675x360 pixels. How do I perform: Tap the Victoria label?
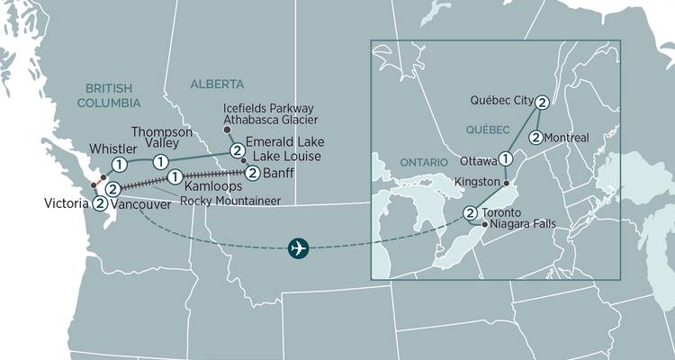(65, 204)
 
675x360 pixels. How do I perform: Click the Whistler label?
(86, 148)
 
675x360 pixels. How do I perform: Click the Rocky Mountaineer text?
(229, 200)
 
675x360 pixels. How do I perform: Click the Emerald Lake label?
(285, 142)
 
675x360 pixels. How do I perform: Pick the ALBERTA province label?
(217, 84)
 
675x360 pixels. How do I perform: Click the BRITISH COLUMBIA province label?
(108, 95)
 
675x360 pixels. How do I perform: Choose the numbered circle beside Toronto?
(470, 212)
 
